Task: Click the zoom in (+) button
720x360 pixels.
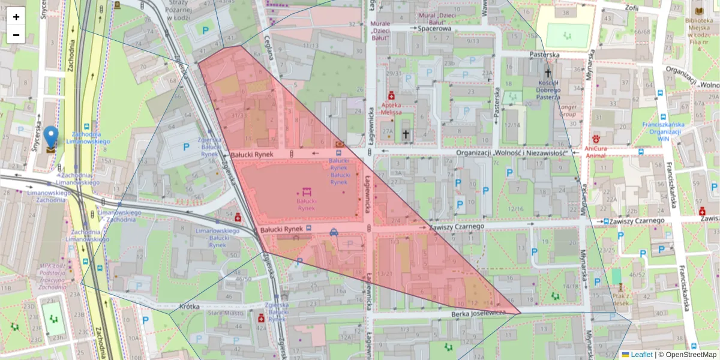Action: click(16, 17)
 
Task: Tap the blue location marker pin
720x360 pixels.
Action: click(51, 137)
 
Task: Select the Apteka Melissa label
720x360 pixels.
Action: click(391, 108)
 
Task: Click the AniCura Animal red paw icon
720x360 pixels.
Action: click(596, 137)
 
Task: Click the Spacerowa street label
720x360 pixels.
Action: click(434, 28)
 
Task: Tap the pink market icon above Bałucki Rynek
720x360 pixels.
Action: click(307, 192)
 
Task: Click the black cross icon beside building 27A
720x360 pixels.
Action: click(406, 134)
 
